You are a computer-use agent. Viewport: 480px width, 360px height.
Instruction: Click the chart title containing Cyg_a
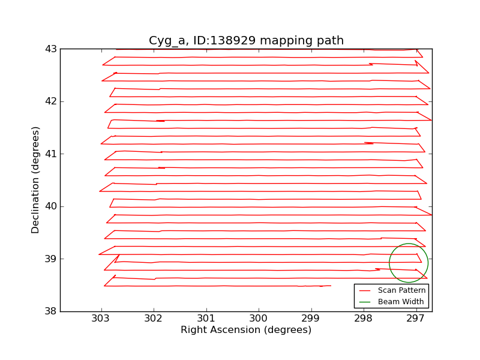pos(246,41)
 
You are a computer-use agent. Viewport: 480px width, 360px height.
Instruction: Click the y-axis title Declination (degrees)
pos(36,180)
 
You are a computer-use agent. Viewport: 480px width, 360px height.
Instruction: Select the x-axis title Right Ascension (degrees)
pos(246,330)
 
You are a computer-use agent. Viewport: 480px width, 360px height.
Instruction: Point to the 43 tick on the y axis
pos(52,49)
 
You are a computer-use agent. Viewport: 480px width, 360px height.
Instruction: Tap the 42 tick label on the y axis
pos(52,101)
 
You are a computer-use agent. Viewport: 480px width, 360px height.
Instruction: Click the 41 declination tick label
pos(52,154)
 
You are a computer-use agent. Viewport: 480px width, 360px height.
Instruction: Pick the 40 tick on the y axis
pos(52,206)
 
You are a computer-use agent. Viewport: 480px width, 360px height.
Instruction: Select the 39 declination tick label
pos(52,259)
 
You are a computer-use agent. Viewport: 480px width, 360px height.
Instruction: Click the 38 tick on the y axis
pos(52,311)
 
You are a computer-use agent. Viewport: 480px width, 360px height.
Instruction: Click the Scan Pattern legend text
pos(401,290)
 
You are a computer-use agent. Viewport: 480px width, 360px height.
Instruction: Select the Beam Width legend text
pos(401,301)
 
